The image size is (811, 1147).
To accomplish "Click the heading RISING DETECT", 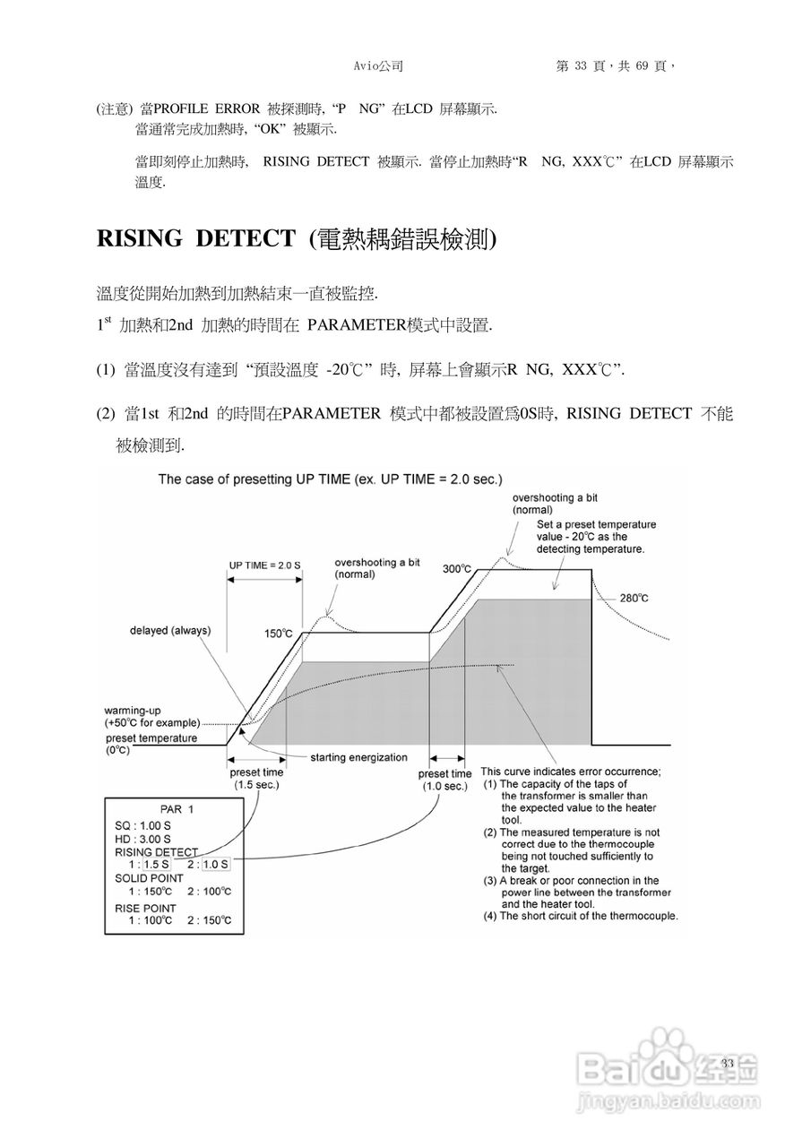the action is coord(195,239).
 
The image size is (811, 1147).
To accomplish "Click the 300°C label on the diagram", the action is coord(458,569).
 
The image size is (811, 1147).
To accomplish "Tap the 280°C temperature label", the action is coord(634,598).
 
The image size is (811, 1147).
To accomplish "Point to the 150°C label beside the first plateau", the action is coord(279,634).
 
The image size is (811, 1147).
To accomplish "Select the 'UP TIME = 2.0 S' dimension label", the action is coord(264,565).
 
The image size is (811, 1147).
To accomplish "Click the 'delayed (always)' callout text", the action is coord(170,630).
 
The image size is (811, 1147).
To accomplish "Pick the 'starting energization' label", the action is coord(358,757).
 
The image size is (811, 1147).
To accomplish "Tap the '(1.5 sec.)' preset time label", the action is coord(257,785).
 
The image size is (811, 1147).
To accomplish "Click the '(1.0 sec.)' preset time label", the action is coord(444,786).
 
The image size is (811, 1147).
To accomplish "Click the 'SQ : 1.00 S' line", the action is coord(144,824).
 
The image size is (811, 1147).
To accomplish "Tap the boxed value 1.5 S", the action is coord(155,864).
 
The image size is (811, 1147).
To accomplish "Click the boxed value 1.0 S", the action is coord(215,864).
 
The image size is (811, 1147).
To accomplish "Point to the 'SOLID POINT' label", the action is coord(150,878).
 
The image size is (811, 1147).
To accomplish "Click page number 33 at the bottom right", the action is coord(727,1063).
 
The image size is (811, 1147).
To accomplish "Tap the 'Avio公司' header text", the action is coord(379,65).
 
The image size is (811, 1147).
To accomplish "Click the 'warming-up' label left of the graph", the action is coord(133,709).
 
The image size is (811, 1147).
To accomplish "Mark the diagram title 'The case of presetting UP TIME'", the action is coord(330,479).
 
